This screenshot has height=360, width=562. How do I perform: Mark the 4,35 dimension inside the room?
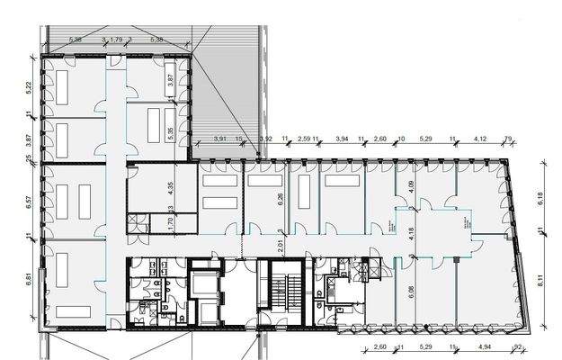coord(171,189)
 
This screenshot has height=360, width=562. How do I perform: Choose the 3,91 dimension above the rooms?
coord(220,139)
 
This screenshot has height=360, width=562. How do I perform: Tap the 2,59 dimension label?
coord(303,139)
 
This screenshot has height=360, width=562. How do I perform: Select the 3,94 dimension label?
coord(342,139)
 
